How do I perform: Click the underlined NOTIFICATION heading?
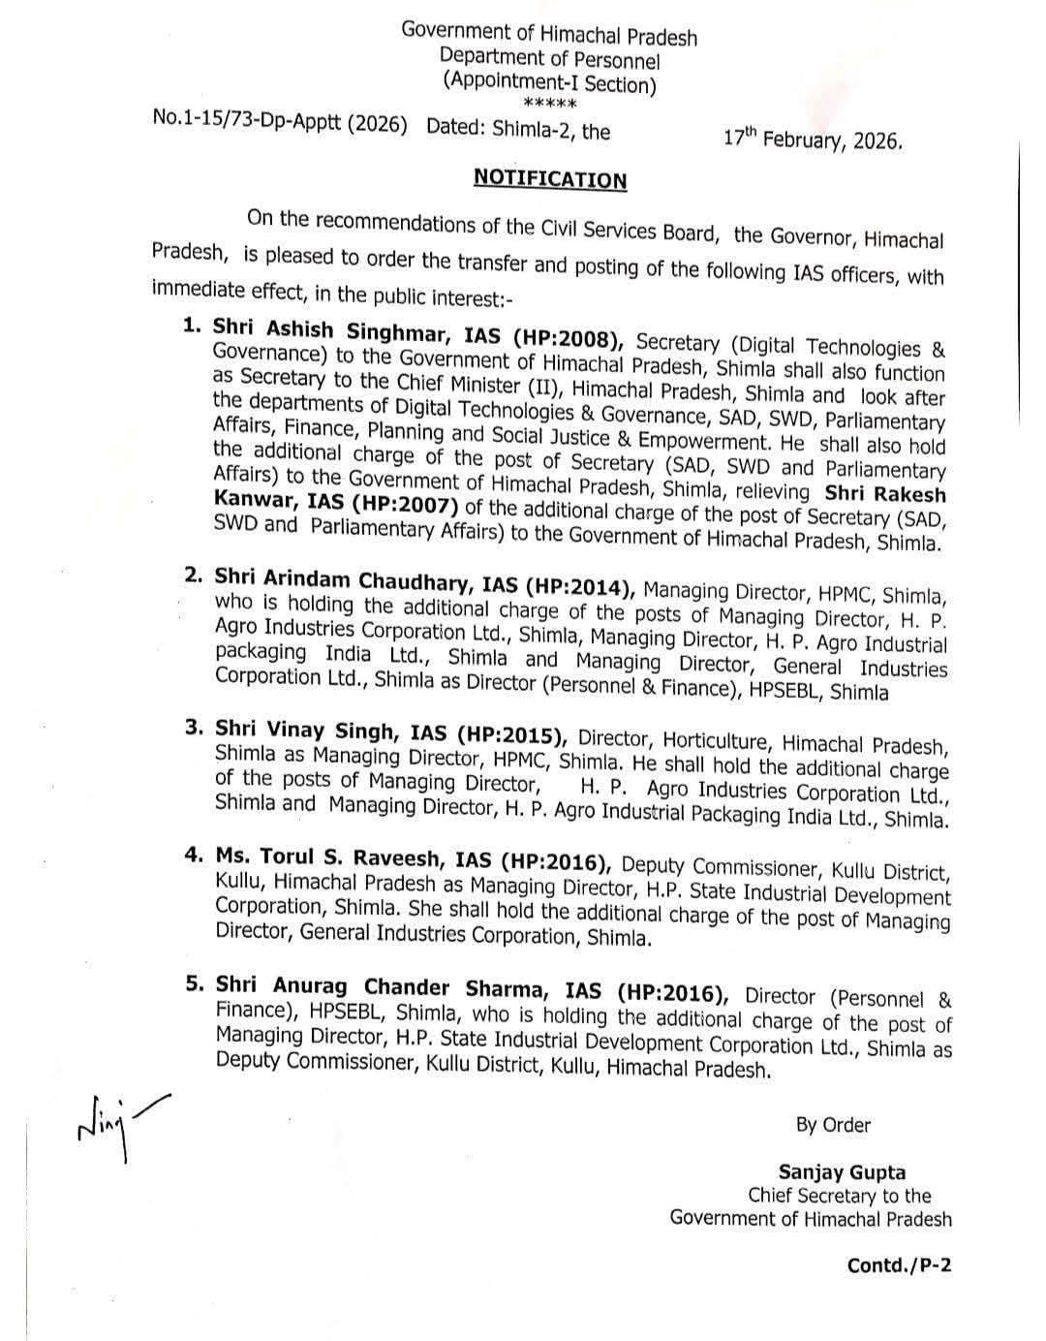(549, 179)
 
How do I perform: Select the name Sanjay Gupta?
(842, 1172)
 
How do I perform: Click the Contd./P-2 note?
(899, 1265)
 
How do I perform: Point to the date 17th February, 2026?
(813, 139)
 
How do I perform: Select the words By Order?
(833, 1125)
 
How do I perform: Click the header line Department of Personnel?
(549, 59)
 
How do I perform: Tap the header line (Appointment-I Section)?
(549, 83)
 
